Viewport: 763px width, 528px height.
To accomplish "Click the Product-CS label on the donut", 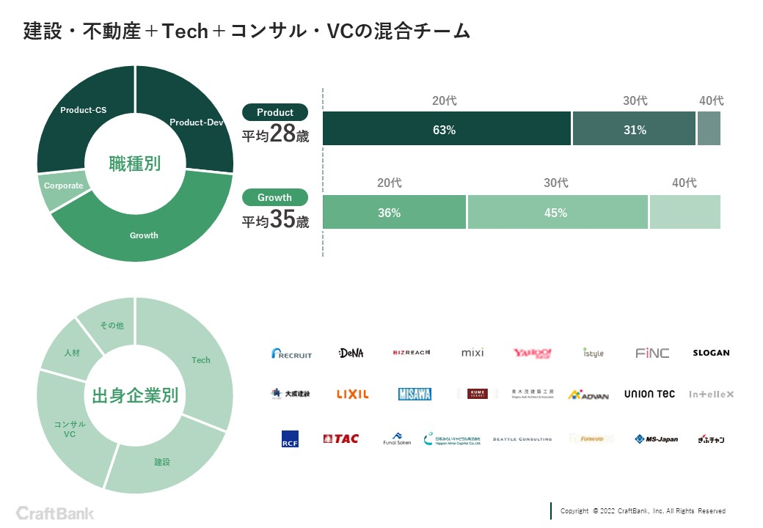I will click(x=83, y=110).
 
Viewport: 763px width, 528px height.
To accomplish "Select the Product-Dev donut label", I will click(x=196, y=122).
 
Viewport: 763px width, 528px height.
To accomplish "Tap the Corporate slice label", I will click(x=64, y=186).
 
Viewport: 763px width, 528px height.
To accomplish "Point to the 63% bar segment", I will click(x=445, y=130).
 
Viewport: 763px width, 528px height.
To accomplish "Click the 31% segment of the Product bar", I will click(x=635, y=130).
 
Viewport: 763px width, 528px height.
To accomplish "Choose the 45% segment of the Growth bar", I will click(x=556, y=213).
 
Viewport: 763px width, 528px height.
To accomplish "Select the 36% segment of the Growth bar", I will click(x=390, y=213).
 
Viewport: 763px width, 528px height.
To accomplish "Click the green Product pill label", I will click(x=275, y=112).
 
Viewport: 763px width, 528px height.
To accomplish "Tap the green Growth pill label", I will click(x=275, y=197).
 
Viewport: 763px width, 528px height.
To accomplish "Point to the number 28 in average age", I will click(x=282, y=133).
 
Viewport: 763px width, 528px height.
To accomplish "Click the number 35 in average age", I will click(x=282, y=219).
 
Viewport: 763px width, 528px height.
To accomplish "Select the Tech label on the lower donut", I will click(x=201, y=360).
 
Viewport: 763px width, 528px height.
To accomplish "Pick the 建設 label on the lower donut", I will click(x=162, y=462).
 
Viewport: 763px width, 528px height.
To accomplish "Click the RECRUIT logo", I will click(x=291, y=353).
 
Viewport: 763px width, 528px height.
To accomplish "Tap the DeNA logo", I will click(x=351, y=353).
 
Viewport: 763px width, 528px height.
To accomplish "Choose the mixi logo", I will click(x=472, y=353).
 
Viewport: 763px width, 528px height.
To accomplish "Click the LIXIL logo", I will click(x=352, y=395).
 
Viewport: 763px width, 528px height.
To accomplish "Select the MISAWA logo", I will click(x=415, y=395).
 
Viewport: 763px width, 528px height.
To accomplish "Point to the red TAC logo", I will click(x=341, y=439).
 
